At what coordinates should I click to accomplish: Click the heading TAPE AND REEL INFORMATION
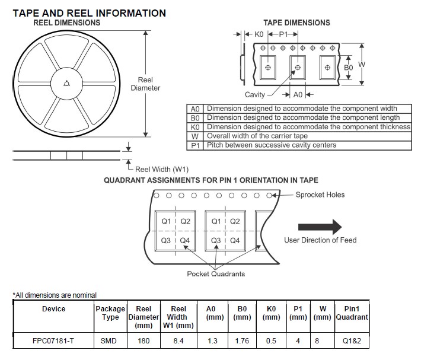point(90,13)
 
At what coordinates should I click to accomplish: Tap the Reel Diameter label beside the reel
point(145,84)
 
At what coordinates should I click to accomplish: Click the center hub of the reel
point(66,84)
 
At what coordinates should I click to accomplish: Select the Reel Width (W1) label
point(162,168)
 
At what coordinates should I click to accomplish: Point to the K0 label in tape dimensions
point(259,34)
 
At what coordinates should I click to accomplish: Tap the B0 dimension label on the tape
point(349,68)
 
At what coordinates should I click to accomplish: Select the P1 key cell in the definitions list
point(196,145)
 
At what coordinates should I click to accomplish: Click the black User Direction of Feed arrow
point(320,227)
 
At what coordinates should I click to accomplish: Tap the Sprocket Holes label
point(320,195)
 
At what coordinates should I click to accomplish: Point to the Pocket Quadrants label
point(216,273)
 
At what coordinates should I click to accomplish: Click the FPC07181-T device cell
point(53,341)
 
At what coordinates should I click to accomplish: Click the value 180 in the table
point(143,341)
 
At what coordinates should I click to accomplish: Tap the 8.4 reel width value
point(178,341)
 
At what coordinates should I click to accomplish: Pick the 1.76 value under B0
point(242,341)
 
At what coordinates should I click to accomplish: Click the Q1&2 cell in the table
point(352,341)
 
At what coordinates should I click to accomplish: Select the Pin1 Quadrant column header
point(352,313)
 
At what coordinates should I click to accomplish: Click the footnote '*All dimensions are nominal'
point(55,295)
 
